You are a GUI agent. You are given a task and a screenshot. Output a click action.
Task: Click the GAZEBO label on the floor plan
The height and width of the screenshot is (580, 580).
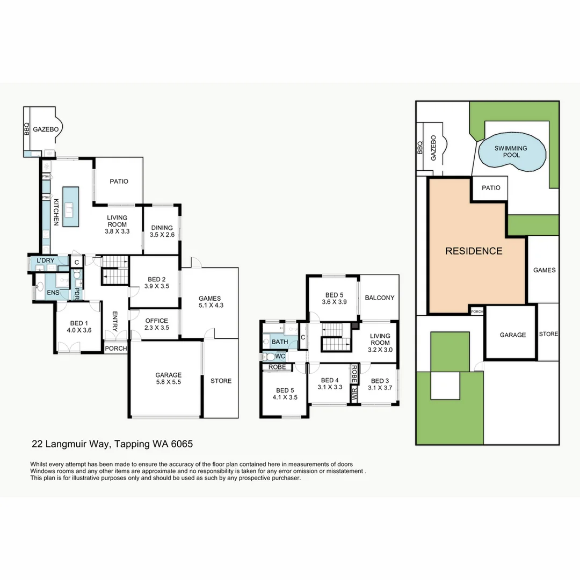click(x=45, y=129)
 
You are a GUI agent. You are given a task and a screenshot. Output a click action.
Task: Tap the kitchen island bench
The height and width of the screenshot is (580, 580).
click(x=70, y=206)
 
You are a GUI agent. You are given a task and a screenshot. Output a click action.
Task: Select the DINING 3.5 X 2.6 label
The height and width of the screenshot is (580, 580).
click(x=162, y=231)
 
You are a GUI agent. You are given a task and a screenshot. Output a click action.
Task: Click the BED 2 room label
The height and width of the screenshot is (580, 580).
click(x=156, y=282)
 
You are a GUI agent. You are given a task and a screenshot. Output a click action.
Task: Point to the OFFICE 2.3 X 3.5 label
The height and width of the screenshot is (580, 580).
click(x=157, y=324)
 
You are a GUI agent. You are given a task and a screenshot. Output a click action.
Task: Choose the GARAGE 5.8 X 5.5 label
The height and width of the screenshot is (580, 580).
click(x=169, y=379)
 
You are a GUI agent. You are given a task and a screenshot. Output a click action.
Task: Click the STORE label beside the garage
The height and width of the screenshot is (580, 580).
click(x=221, y=381)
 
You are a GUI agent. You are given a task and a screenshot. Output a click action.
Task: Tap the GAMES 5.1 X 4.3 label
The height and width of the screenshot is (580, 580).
click(x=210, y=302)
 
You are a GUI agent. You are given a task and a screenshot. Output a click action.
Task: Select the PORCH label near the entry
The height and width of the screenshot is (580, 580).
click(x=115, y=349)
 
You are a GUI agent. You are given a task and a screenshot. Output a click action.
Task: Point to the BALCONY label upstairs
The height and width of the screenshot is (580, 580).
click(x=379, y=298)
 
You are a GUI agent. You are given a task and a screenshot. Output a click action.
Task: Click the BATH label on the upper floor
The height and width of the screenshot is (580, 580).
click(x=279, y=342)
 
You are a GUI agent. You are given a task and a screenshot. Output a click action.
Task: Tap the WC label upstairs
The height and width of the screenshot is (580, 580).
click(x=280, y=357)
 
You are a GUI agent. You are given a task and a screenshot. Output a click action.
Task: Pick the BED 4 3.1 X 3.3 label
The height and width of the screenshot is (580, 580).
click(x=329, y=383)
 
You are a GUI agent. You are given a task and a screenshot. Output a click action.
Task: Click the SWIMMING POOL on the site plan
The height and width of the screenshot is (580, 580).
click(x=511, y=151)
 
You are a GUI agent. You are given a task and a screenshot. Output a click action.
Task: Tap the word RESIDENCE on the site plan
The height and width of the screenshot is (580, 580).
click(x=474, y=251)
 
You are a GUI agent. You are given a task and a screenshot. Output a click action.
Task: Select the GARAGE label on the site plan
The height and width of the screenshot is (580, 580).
click(x=512, y=335)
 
